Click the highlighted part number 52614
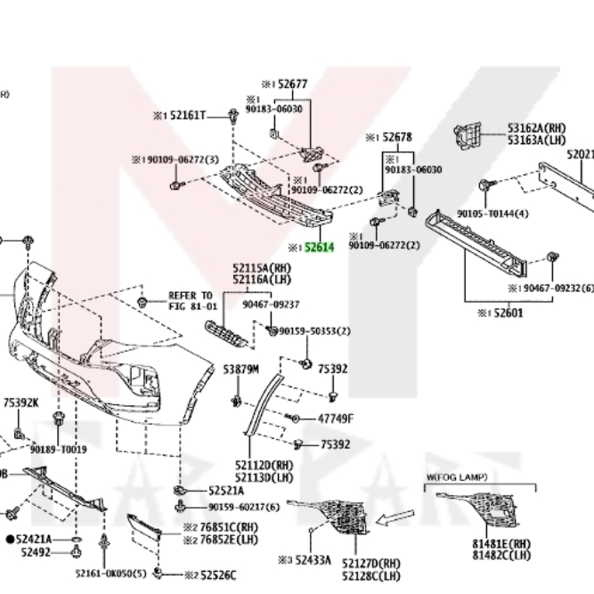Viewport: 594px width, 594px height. tap(319, 248)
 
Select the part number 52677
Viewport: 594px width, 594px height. tap(292, 85)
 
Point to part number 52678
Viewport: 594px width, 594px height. tap(397, 137)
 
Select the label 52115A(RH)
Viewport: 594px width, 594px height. tap(262, 266)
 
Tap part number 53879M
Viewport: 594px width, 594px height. tap(240, 368)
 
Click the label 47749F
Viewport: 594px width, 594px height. tap(336, 419)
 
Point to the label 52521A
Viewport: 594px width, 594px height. tap(226, 490)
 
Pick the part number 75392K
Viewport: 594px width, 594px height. tap(21, 403)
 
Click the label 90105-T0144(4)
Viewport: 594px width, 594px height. tap(492, 214)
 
